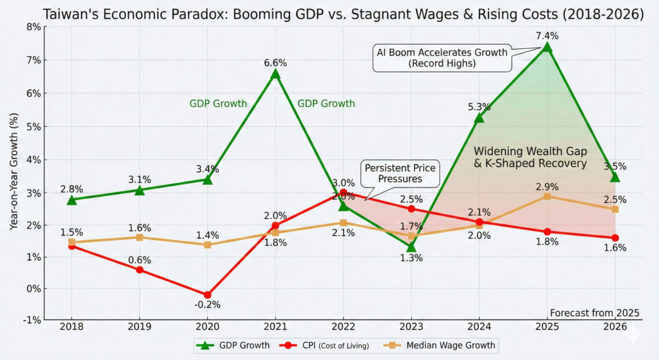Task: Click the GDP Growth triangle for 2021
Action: [x=275, y=74]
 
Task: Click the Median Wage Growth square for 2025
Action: [x=546, y=196]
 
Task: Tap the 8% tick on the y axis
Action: [x=32, y=27]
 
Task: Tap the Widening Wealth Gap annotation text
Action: [x=530, y=157]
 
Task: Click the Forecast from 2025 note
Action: [x=595, y=313]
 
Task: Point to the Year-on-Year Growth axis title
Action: [x=14, y=173]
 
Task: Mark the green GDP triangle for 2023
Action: [x=411, y=247]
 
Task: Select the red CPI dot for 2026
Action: [x=615, y=238]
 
